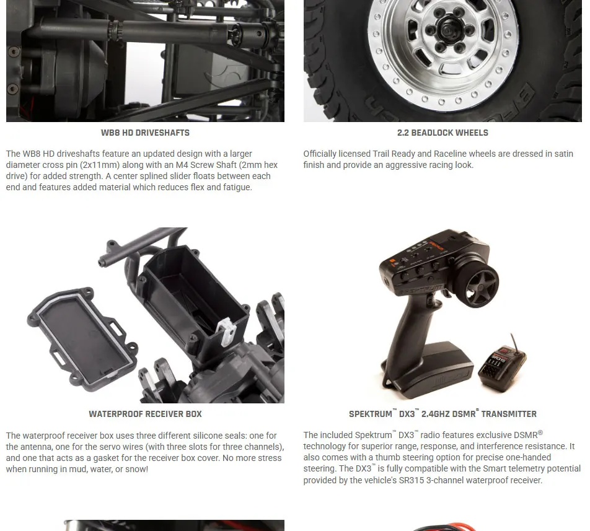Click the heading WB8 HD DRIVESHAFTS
click(145, 133)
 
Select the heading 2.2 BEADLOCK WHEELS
click(442, 133)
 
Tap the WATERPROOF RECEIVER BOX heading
click(145, 414)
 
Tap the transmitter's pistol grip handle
click(408, 331)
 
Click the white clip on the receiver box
click(227, 331)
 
